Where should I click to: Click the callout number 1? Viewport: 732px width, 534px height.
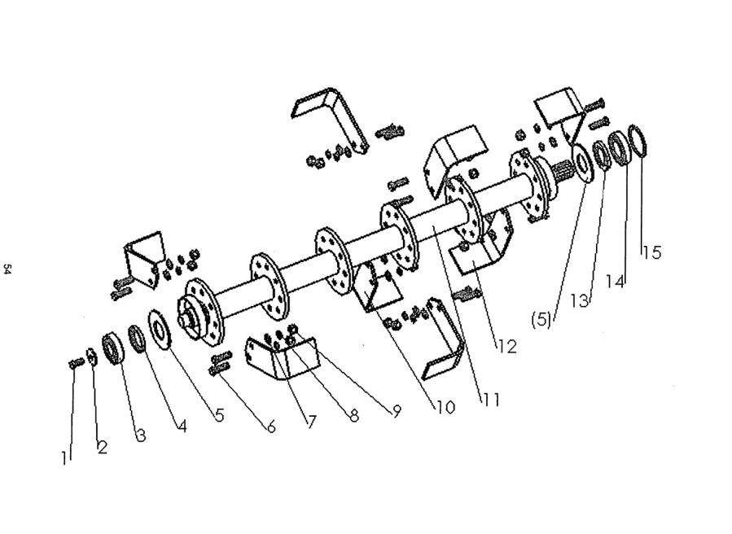(66, 457)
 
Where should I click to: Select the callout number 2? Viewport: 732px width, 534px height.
(103, 447)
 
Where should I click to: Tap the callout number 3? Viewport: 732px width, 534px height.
(141, 436)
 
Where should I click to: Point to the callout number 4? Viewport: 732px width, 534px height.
(181, 426)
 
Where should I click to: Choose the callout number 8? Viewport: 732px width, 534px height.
(353, 416)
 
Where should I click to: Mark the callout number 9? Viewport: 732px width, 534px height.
(396, 412)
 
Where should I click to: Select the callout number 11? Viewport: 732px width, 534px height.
(490, 400)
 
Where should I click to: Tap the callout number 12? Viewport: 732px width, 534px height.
(506, 347)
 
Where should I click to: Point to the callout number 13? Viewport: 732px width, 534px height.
(579, 300)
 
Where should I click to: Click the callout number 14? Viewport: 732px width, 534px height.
(616, 282)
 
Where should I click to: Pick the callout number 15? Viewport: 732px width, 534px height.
(651, 252)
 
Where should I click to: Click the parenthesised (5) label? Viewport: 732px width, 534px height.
(541, 320)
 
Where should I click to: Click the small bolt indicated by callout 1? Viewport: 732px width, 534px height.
(75, 363)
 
